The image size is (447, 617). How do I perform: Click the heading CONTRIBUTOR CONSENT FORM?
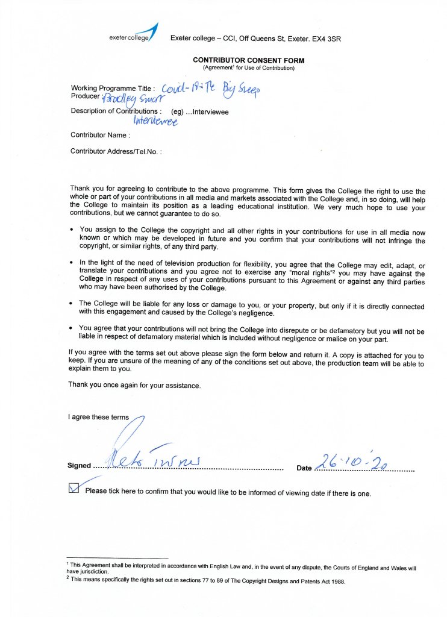[248, 60]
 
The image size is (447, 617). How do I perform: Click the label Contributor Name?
[100, 135]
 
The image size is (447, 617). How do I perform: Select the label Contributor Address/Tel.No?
[116, 151]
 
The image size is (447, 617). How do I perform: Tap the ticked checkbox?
[74, 488]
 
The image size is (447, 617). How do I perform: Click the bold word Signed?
[79, 466]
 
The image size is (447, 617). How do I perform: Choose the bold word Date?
[304, 468]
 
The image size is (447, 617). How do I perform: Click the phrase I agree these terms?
[98, 417]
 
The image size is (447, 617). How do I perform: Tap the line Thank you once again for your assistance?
[134, 384]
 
